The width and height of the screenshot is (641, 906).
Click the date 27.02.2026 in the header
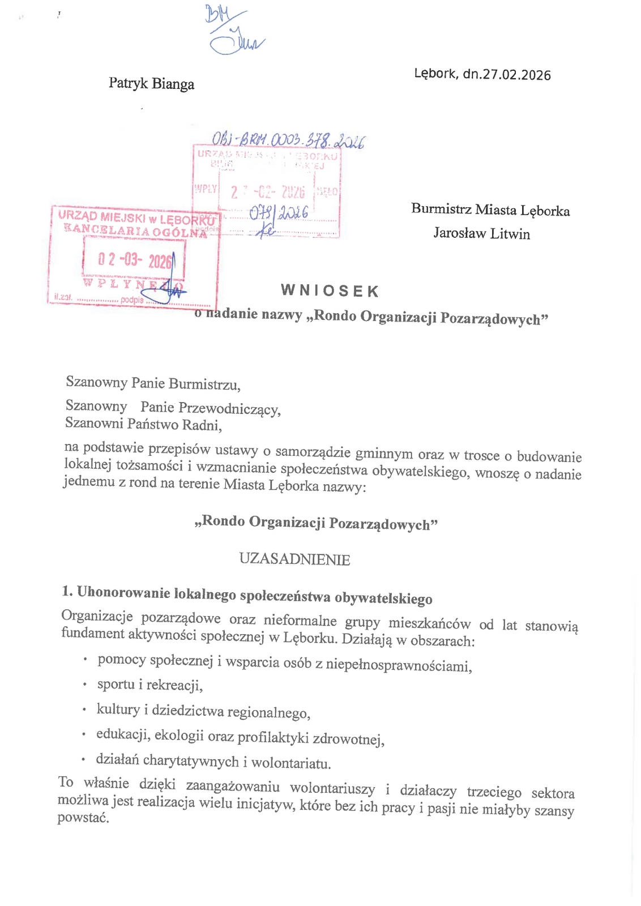[x=516, y=75]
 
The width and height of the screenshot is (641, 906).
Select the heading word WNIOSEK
[x=330, y=291]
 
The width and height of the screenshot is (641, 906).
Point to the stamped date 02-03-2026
[x=134, y=260]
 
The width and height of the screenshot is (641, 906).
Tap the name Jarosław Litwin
[x=481, y=233]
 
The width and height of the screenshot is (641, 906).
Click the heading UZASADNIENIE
[x=294, y=559]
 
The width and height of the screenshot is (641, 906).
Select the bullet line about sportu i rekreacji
[x=149, y=685]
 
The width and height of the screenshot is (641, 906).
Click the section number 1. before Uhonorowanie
[x=67, y=591]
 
